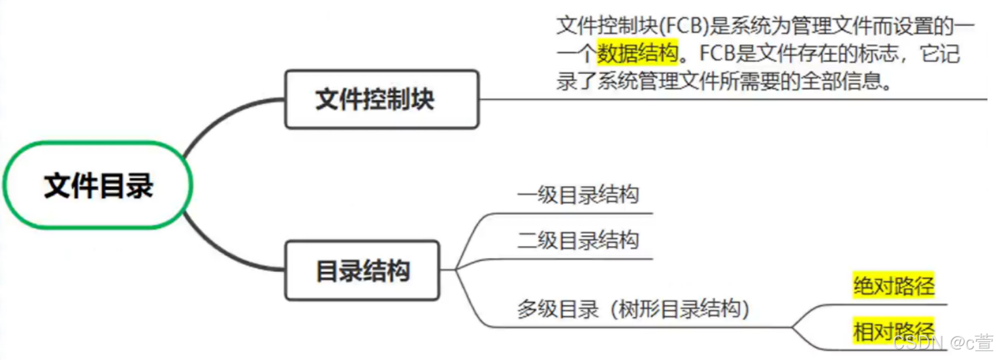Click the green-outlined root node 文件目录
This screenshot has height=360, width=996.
98,185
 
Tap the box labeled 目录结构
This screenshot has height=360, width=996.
362,270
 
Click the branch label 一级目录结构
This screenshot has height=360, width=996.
577,195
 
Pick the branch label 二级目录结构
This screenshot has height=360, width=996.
577,241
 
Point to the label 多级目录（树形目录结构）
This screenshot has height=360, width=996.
632,308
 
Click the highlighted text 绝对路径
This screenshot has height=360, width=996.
893,286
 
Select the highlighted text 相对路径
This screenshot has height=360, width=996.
893,331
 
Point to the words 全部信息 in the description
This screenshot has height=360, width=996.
849,82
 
